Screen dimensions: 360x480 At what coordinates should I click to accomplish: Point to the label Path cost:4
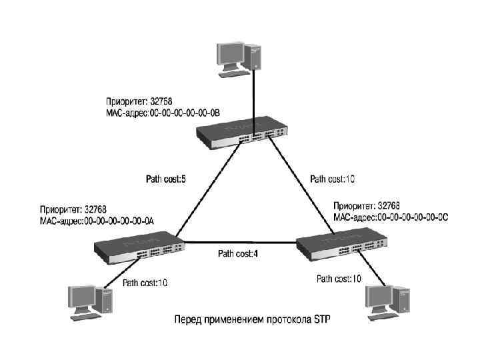coord(237,253)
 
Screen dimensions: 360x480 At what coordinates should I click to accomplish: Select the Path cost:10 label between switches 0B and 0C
coord(333,179)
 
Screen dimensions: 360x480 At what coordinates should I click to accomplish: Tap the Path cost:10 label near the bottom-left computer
coord(145,283)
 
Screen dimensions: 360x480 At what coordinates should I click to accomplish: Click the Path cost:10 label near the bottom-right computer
coord(339,279)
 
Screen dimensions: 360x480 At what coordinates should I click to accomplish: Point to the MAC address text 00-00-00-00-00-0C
coord(413,217)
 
